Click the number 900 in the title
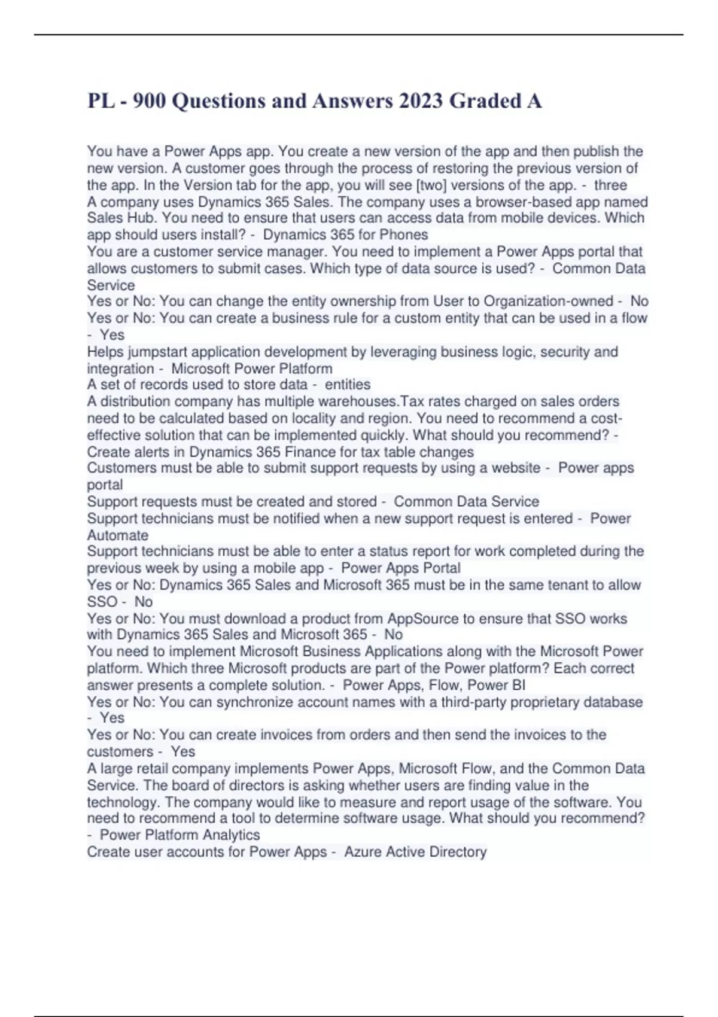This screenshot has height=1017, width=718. pos(149,101)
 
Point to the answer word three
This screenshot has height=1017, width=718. pos(610,185)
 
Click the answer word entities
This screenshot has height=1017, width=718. pos(348,385)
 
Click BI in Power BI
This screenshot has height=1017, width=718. pos(519,685)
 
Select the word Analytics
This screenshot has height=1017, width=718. pos(231,835)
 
